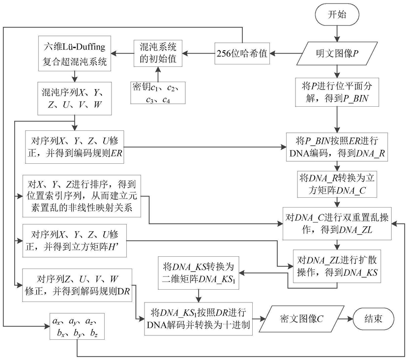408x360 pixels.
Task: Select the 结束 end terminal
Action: pyautogui.click(x=374, y=319)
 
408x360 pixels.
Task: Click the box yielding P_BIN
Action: pyautogui.click(x=337, y=92)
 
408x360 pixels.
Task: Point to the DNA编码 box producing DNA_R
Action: pyautogui.click(x=337, y=146)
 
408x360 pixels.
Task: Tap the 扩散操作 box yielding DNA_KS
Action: pyautogui.click(x=337, y=267)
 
